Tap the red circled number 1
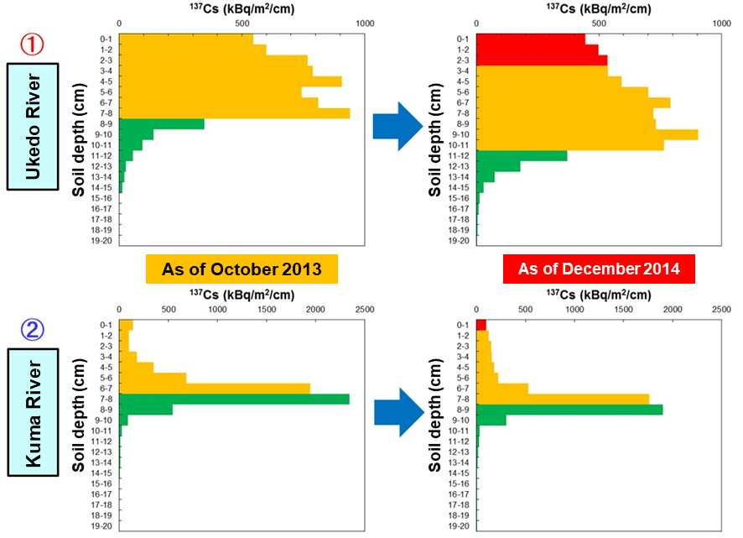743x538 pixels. tap(31, 44)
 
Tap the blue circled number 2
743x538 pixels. tap(31, 332)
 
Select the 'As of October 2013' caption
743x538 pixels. tap(242, 269)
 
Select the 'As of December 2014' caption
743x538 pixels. tap(598, 269)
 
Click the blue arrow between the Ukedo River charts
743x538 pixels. tap(398, 127)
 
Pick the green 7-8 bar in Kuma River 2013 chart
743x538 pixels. tap(234, 400)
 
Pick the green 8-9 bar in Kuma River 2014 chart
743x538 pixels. tap(569, 410)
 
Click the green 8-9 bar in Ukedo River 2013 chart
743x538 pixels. tap(162, 123)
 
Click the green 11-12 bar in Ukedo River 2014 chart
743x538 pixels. tap(522, 155)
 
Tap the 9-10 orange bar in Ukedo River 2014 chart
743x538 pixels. tap(587, 134)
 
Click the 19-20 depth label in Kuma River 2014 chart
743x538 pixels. tap(459, 526)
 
